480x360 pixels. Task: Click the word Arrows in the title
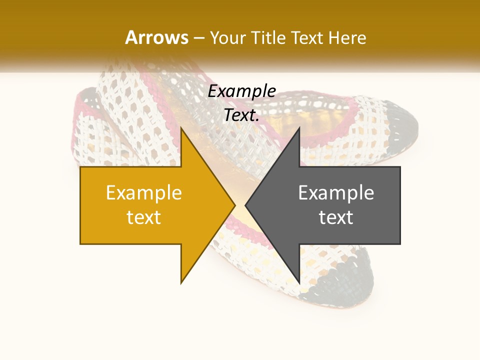(157, 37)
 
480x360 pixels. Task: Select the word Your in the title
(228, 38)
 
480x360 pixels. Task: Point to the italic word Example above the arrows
(242, 91)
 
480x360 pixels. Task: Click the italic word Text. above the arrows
(242, 115)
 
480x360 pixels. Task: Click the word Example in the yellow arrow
(144, 193)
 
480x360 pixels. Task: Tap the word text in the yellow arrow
(144, 217)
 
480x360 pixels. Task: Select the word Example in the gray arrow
(336, 193)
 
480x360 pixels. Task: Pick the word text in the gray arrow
(336, 217)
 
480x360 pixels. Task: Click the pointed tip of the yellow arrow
(235, 205)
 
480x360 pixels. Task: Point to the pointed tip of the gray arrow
(245, 205)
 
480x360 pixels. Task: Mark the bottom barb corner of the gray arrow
(299, 283)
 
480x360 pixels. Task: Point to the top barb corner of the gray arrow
(299, 128)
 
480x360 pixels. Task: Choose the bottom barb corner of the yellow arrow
(181, 283)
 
